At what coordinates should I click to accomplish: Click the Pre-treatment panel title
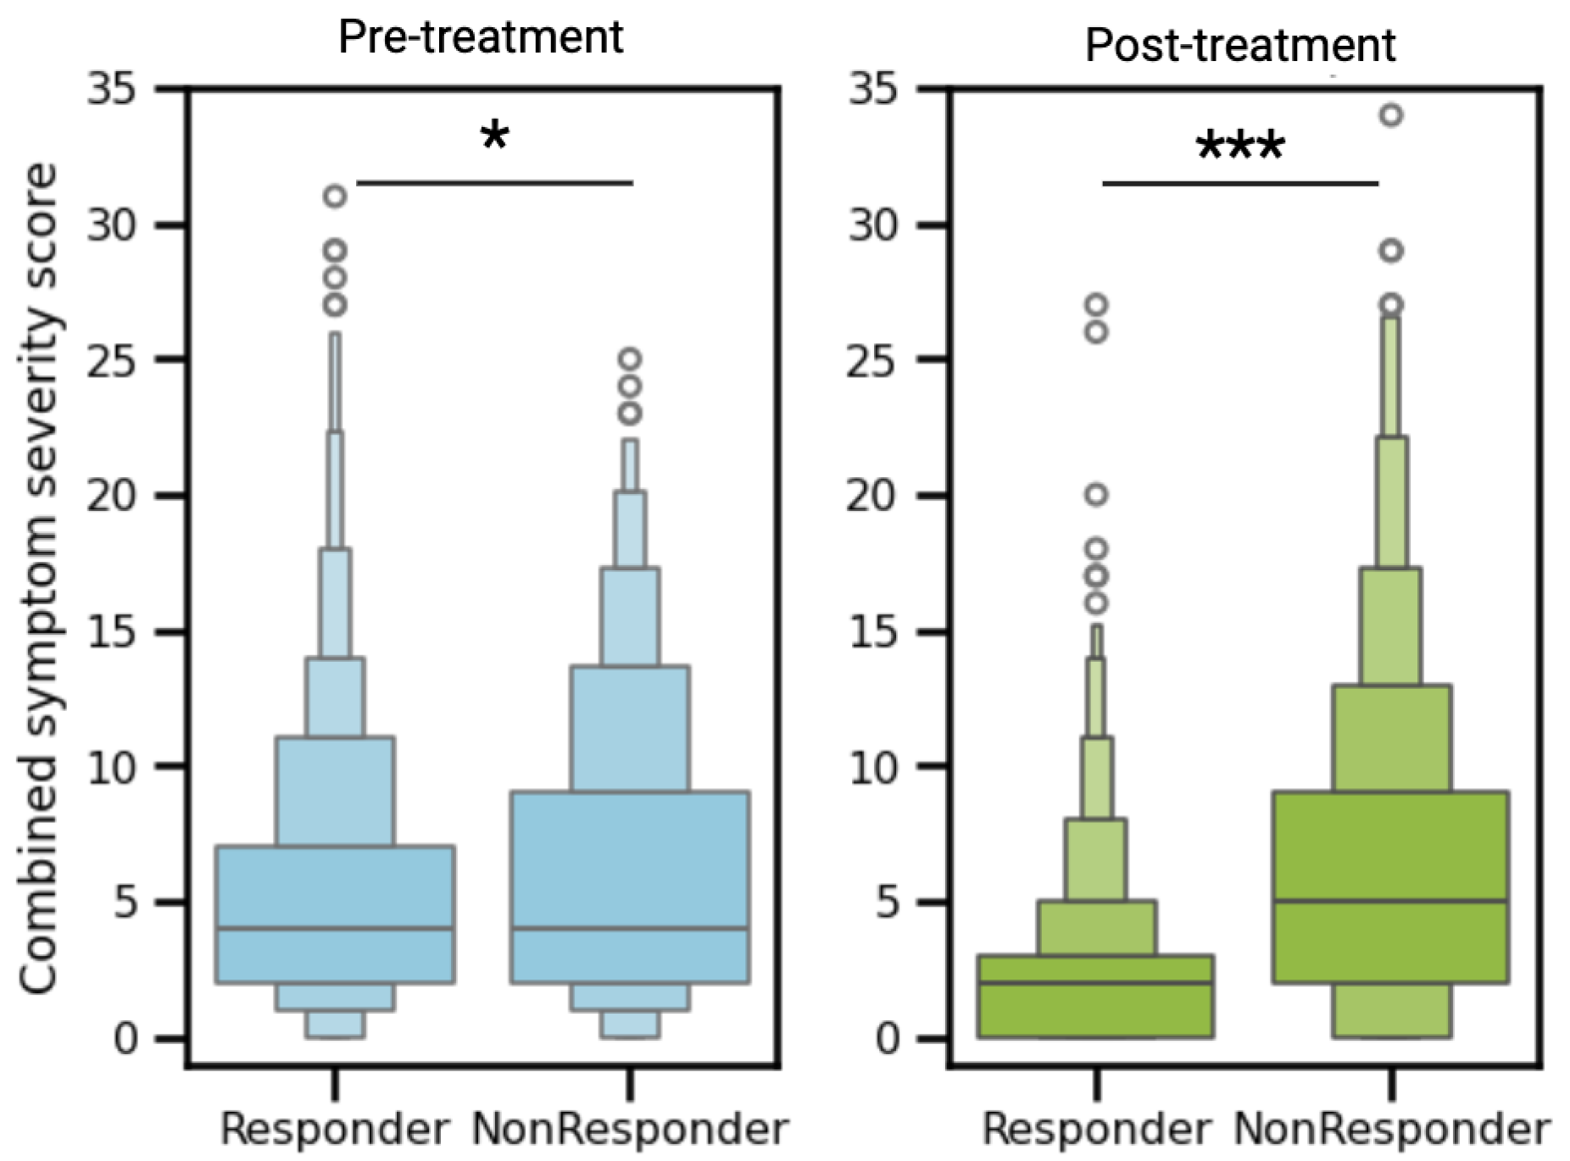pyautogui.click(x=480, y=36)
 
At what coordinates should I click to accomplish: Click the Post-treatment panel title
pyautogui.click(x=1239, y=45)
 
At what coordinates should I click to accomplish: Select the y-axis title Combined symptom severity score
pyautogui.click(x=38, y=576)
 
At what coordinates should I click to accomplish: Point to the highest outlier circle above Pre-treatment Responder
pyautogui.click(x=335, y=197)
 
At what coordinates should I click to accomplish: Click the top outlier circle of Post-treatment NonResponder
pyautogui.click(x=1391, y=115)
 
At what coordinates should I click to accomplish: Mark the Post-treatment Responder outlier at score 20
pyautogui.click(x=1096, y=495)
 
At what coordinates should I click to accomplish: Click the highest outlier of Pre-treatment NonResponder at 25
pyautogui.click(x=629, y=359)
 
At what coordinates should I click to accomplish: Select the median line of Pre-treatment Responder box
pyautogui.click(x=335, y=929)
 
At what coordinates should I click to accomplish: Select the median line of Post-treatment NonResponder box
pyautogui.click(x=1390, y=901)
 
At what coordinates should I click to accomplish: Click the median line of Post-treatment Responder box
pyautogui.click(x=1095, y=982)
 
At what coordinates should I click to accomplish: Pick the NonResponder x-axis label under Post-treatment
pyautogui.click(x=1391, y=1129)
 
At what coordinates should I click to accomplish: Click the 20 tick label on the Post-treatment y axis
pyautogui.click(x=872, y=496)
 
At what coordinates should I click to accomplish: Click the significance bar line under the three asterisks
pyautogui.click(x=1239, y=183)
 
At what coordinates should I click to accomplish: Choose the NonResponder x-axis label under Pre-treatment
pyautogui.click(x=630, y=1129)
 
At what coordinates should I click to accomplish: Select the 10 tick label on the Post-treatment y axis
pyautogui.click(x=872, y=768)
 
